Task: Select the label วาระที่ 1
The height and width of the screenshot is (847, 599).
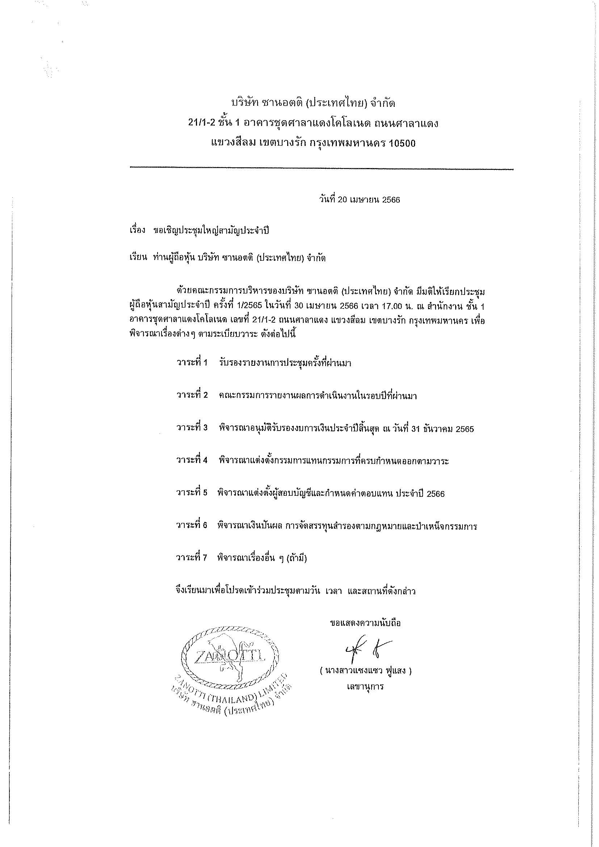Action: coord(192,363)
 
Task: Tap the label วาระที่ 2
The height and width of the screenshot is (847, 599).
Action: coord(192,395)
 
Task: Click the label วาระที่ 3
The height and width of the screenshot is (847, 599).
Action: coord(192,428)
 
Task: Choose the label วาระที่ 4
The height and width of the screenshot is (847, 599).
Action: coord(192,461)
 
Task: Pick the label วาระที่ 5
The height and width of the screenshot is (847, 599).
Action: coord(192,494)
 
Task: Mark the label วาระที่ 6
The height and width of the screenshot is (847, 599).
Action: coord(192,526)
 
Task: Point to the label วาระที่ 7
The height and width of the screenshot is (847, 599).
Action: coord(192,558)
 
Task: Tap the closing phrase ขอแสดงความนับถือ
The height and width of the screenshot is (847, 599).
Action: coord(365,624)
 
